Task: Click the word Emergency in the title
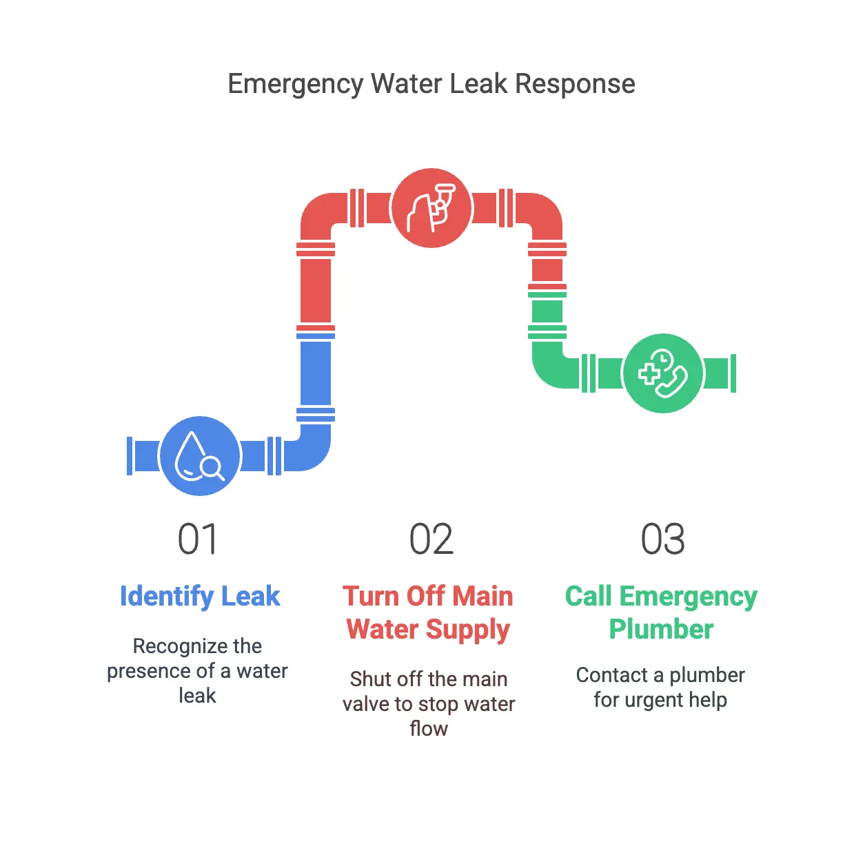(295, 84)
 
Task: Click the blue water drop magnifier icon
(199, 456)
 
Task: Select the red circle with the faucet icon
(431, 207)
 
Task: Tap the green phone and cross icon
(662, 373)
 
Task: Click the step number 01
(198, 539)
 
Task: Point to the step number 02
(431, 539)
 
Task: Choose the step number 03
(662, 539)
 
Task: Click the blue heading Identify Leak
(200, 597)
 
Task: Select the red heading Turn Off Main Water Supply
(428, 612)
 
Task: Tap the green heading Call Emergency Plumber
(661, 612)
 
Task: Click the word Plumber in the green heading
(661, 629)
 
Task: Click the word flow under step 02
(428, 729)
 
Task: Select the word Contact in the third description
(607, 675)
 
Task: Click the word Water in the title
(406, 84)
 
